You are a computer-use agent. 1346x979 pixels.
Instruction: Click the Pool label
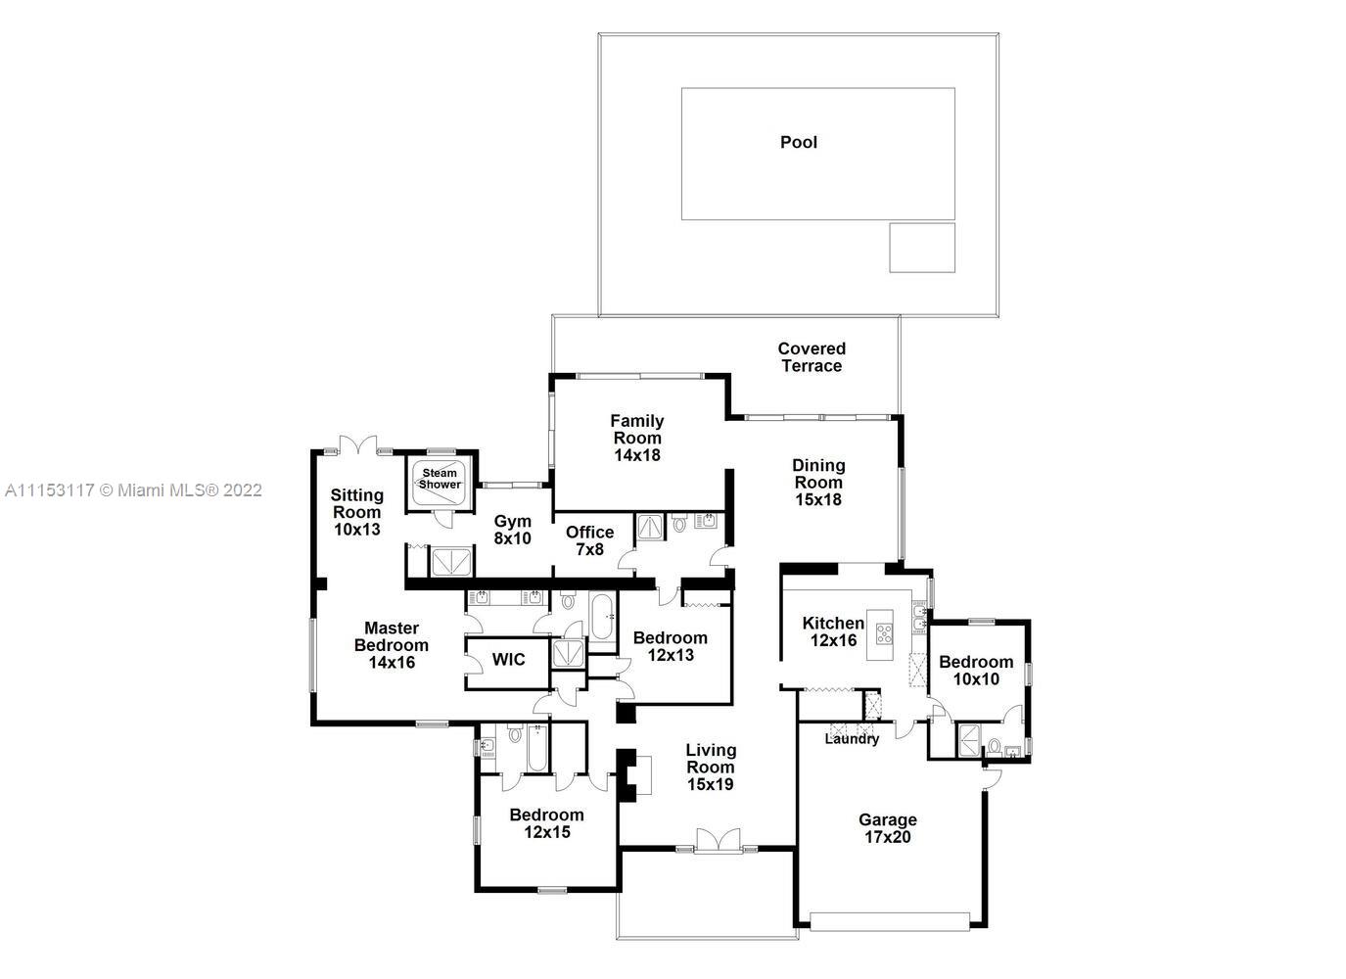coord(799,142)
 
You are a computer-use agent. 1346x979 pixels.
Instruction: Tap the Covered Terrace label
coord(812,357)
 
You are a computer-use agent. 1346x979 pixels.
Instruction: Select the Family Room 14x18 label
coord(637,438)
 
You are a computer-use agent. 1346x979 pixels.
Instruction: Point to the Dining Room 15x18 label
coord(818,482)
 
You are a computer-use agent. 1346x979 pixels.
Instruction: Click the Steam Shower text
coord(440,479)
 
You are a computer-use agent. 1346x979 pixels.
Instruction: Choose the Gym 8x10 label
coord(513,530)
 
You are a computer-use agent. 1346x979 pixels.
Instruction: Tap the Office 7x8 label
coord(589,540)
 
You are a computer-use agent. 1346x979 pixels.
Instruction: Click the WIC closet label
coord(508,659)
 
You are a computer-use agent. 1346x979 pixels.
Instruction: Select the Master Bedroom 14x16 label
coord(392,645)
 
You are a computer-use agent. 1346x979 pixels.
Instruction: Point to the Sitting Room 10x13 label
coord(357,512)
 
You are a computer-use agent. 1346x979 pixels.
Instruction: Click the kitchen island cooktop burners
coord(884,634)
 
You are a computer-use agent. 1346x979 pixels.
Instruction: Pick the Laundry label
coord(852,738)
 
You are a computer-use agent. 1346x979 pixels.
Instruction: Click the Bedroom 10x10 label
coord(976,670)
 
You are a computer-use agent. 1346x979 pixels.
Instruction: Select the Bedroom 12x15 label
coord(547,822)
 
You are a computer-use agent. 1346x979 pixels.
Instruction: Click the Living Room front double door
coord(719,840)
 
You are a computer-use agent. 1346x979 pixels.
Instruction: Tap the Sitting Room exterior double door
coord(358,444)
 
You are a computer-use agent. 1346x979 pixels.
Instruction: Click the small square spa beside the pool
coord(922,248)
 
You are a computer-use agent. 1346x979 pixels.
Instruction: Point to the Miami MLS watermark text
coord(133,490)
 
